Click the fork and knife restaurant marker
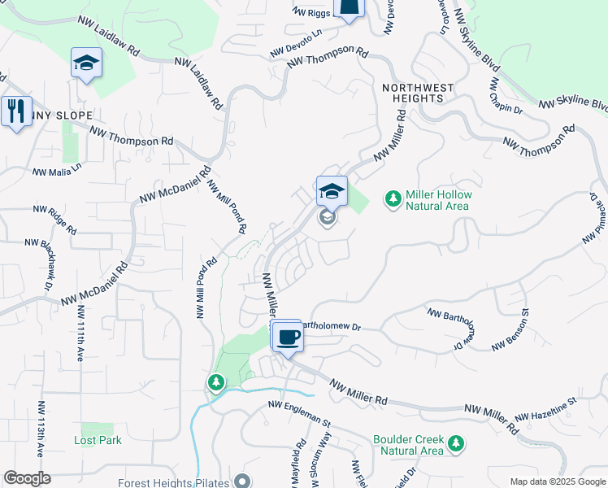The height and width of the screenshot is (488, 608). pyautogui.click(x=15, y=111)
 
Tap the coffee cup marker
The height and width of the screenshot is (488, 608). pyautogui.click(x=287, y=336)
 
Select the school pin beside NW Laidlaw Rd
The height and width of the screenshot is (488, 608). pyautogui.click(x=86, y=63)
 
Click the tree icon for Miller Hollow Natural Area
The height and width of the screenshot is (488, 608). pyautogui.click(x=393, y=199)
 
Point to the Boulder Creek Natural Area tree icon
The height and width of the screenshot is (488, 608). pyautogui.click(x=457, y=444)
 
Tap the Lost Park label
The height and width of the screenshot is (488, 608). pyautogui.click(x=98, y=440)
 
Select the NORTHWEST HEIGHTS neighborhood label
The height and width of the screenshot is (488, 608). pyautogui.click(x=414, y=92)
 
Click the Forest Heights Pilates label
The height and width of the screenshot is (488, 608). pyautogui.click(x=171, y=481)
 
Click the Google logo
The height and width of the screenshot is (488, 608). pyautogui.click(x=27, y=478)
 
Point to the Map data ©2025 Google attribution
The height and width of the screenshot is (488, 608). pyautogui.click(x=558, y=481)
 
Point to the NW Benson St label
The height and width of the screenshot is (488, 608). pyautogui.click(x=510, y=329)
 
